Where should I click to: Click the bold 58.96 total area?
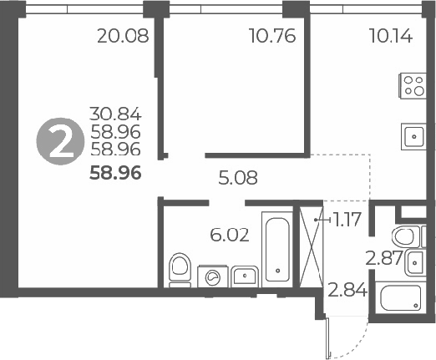[x=116, y=175]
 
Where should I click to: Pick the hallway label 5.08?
[x=237, y=177]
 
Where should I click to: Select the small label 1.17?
[x=345, y=221]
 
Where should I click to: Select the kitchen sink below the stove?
[x=413, y=134]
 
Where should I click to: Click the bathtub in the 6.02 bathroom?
[x=276, y=249]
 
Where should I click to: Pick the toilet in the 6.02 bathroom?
[x=180, y=270]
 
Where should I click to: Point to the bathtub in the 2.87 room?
[x=402, y=298]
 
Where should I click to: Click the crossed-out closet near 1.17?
[x=311, y=247]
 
